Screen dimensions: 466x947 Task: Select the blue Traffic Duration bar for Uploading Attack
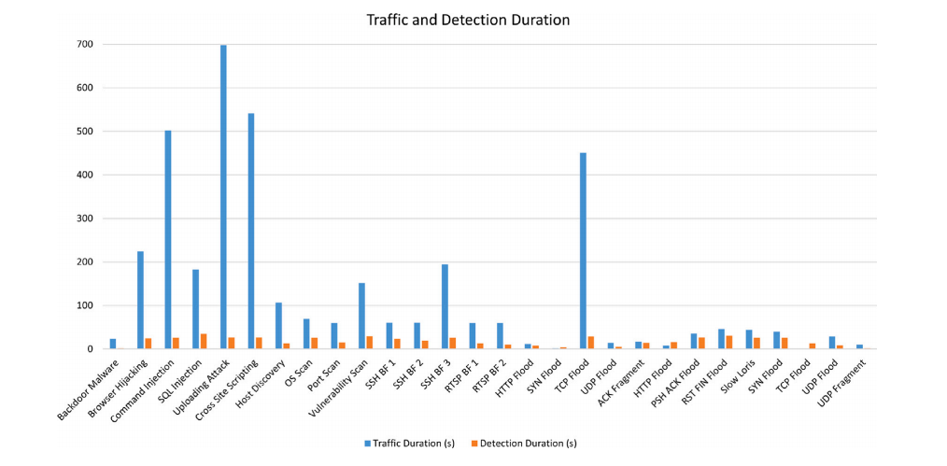(223, 197)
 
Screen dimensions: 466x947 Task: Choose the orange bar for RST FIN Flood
(729, 343)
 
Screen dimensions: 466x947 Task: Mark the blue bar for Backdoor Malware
(113, 344)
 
